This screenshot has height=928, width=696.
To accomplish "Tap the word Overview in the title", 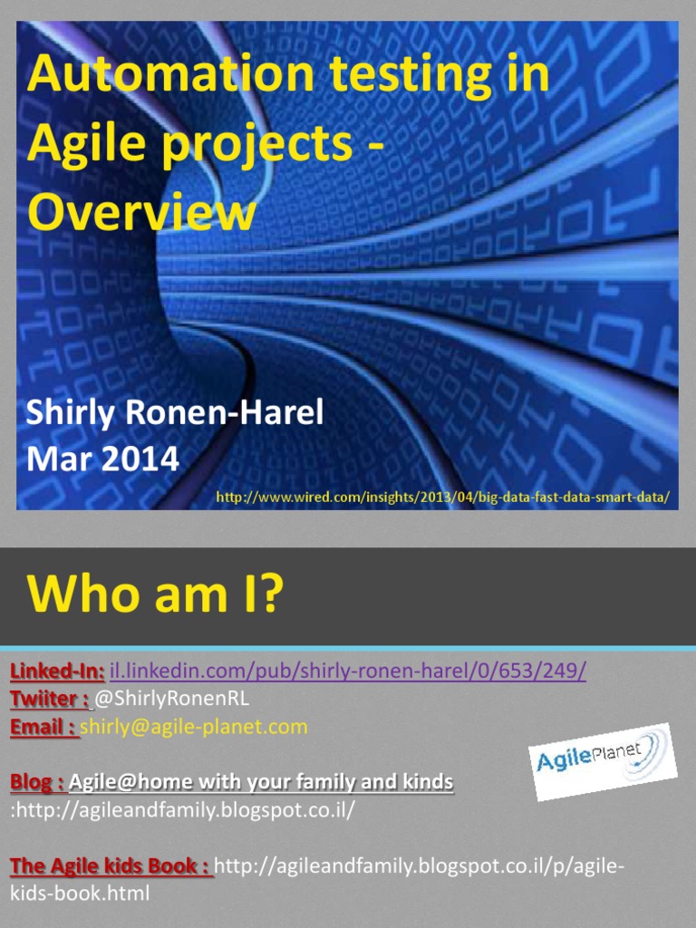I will click(x=140, y=213).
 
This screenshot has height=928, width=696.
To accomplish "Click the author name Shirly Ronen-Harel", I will click(x=175, y=413).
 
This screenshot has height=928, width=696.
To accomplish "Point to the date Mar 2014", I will click(x=102, y=459).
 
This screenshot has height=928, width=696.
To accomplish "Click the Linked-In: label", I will click(x=57, y=672).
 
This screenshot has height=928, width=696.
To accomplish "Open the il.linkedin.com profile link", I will click(x=347, y=672).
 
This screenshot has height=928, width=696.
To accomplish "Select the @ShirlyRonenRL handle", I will click(x=171, y=699).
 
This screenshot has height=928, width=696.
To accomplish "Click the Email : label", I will click(x=43, y=726).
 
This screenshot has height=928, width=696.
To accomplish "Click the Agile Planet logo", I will click(x=602, y=760).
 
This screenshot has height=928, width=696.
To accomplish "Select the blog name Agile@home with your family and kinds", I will click(x=262, y=781).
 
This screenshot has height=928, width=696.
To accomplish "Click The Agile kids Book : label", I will click(x=111, y=865).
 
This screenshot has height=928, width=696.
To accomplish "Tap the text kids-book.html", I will click(x=80, y=893).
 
